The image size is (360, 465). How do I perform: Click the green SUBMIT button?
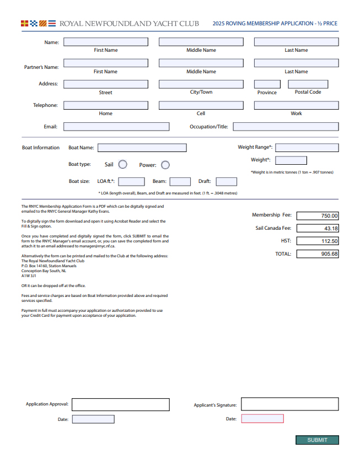(x=317, y=440)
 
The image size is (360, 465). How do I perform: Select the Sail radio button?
(x=123, y=164)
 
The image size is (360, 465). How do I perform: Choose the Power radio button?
(x=165, y=165)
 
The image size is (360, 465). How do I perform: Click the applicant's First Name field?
(x=106, y=42)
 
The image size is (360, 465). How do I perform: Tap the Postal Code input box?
(x=308, y=84)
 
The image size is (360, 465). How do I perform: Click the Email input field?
(x=116, y=127)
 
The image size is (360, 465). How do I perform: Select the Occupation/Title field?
(x=286, y=127)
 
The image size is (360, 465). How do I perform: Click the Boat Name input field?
(x=142, y=148)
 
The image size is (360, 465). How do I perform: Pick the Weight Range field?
(x=307, y=148)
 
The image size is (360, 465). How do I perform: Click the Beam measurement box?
(x=180, y=181)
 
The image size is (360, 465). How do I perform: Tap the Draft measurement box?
(x=227, y=181)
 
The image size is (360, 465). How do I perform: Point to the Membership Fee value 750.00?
(x=318, y=216)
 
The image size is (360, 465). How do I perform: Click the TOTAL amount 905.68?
(x=318, y=254)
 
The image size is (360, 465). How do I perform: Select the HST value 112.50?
(x=318, y=241)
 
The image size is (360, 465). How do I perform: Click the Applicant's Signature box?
(x=289, y=404)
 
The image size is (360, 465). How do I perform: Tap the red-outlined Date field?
(x=262, y=419)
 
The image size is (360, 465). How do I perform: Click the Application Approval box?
(x=121, y=404)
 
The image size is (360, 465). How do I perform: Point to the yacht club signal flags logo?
(x=38, y=24)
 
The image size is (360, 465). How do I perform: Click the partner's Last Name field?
(x=296, y=63)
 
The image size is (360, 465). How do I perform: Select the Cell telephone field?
(x=201, y=105)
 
